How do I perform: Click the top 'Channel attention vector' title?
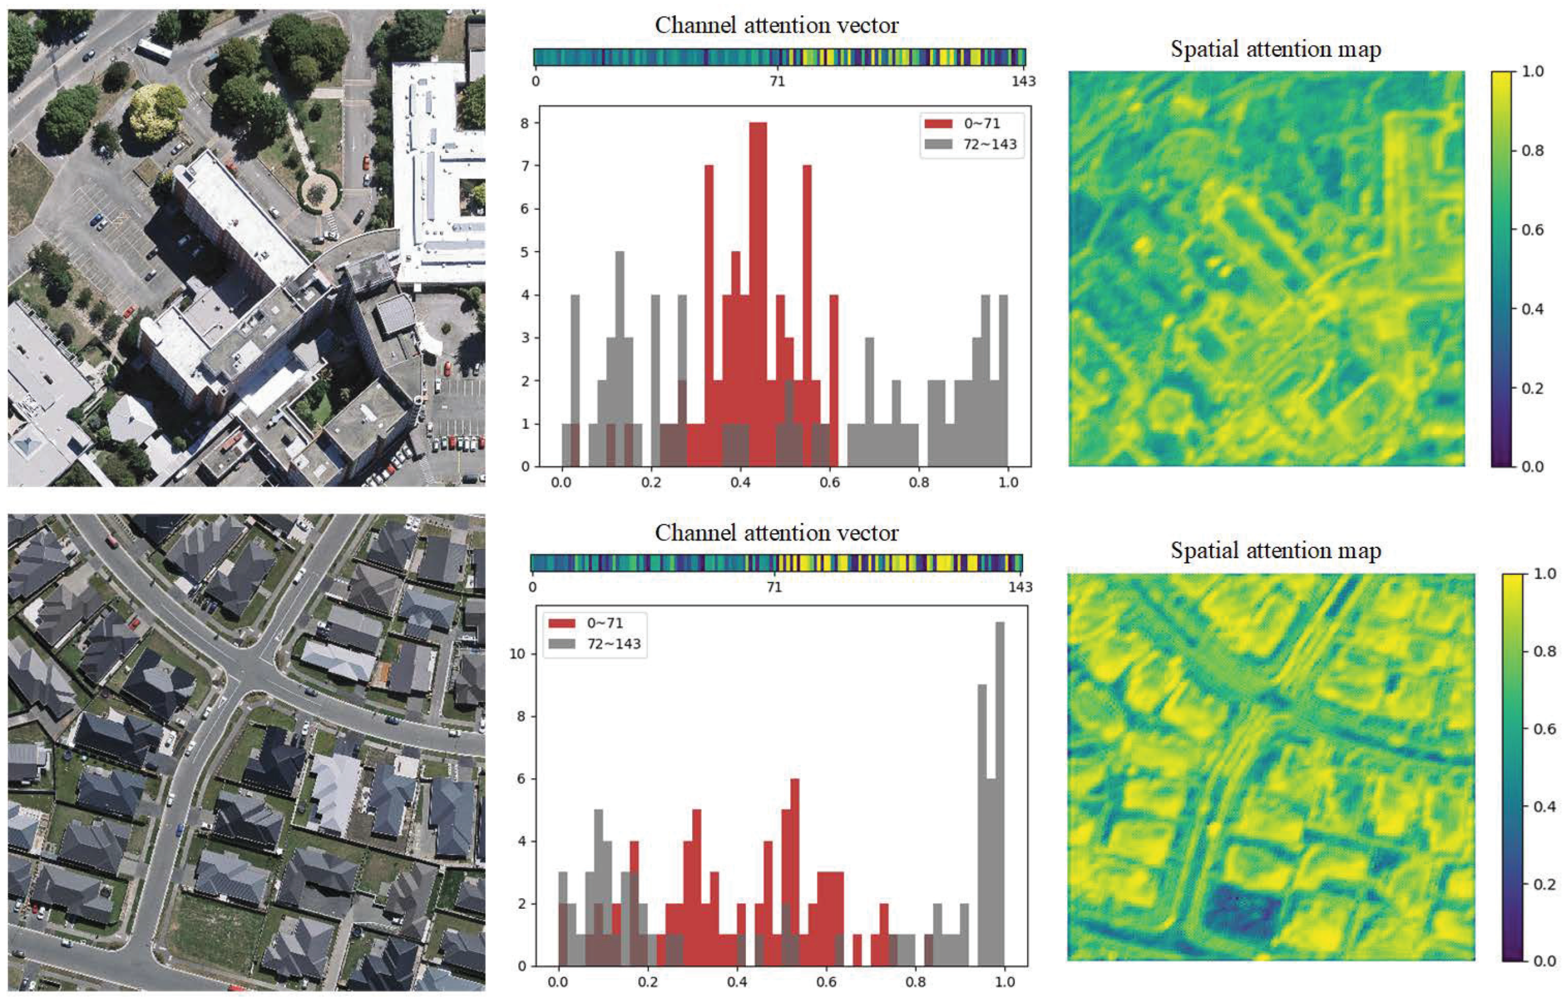point(776,25)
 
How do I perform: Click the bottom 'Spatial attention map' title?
point(1275,551)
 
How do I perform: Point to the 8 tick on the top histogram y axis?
point(525,123)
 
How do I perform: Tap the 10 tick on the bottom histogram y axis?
point(517,653)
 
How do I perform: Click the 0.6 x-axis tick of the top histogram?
point(829,483)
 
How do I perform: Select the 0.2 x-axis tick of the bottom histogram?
point(647,982)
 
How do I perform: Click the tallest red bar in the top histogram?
point(758,293)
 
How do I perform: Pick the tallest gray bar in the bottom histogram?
point(1000,794)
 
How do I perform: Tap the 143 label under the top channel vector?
point(1023,81)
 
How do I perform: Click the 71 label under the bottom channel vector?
point(773,587)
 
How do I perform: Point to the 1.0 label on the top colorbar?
point(1532,71)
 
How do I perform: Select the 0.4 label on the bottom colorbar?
point(1545,807)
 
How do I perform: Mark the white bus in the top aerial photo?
point(153,50)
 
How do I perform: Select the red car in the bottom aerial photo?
point(112,541)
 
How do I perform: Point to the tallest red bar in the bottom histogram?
point(794,872)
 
